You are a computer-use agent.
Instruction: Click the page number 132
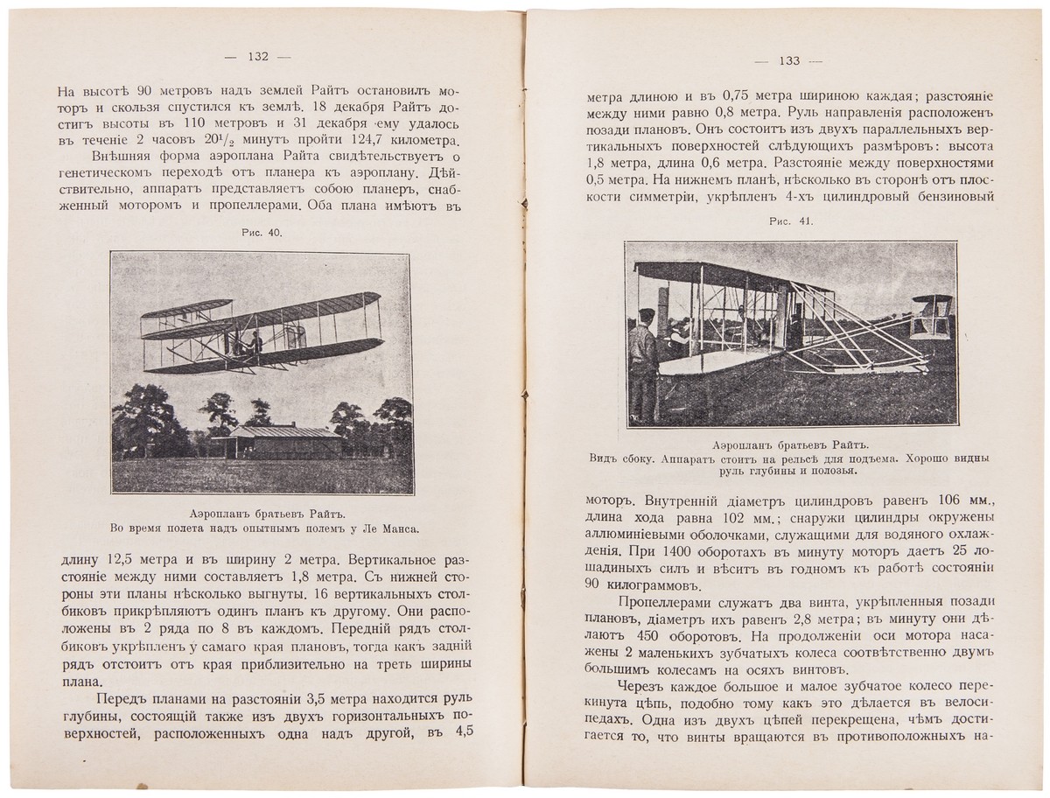257,57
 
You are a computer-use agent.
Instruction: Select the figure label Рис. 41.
791,221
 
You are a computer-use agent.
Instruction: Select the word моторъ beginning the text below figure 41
612,501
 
